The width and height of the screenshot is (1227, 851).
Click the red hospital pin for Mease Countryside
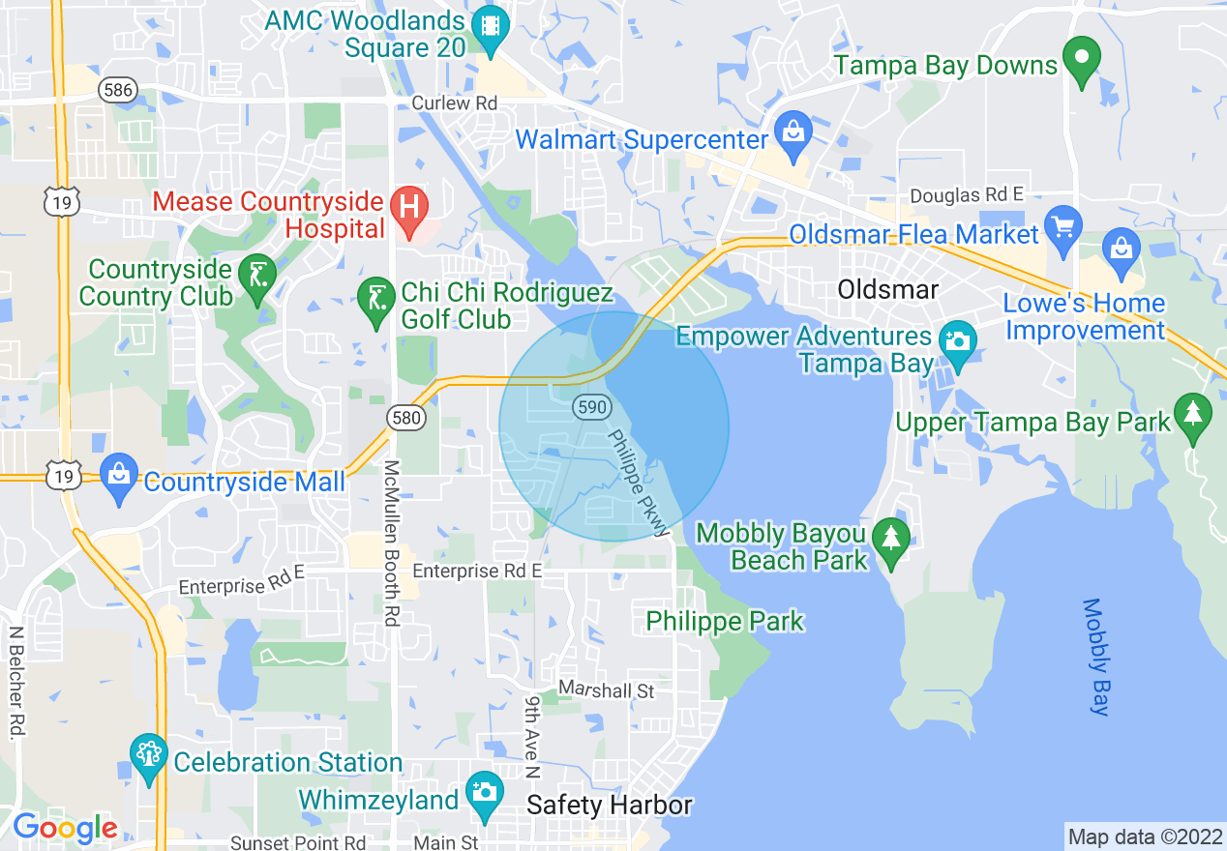(409, 207)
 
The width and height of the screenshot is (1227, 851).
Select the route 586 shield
(116, 90)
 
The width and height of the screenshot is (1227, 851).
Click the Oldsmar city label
(887, 289)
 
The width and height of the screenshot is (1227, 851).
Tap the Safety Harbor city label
(610, 805)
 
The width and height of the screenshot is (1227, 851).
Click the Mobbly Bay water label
(1095, 658)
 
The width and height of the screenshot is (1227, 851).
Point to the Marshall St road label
(607, 690)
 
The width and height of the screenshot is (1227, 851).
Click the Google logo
(65, 828)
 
